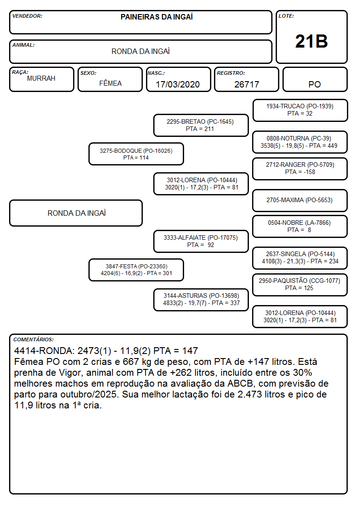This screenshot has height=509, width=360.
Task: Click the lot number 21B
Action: pos(311,42)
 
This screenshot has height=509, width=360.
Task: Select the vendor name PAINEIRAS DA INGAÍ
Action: pos(156,17)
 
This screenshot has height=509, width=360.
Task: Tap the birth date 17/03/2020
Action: pos(178,84)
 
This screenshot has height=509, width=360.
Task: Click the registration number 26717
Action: pos(247,84)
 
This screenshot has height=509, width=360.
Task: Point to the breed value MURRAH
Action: pos(41,78)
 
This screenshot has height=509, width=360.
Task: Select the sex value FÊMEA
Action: pos(110,83)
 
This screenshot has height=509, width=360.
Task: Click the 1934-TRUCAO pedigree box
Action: pos(300,111)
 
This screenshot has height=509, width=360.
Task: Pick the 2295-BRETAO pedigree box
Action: pos(201,125)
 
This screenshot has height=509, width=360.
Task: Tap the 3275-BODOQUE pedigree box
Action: pos(136,154)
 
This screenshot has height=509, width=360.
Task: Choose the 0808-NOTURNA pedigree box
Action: pos(300,142)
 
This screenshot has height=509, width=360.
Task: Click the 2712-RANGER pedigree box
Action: pos(300,169)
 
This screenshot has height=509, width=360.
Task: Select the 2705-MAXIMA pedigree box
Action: pos(300,200)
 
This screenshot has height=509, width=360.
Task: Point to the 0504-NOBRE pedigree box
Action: pos(300,227)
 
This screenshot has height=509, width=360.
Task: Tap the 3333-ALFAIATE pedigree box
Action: pos(201,242)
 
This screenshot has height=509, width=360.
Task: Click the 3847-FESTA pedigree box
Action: pos(136,270)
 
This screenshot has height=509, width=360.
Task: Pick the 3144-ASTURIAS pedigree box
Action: pos(201,300)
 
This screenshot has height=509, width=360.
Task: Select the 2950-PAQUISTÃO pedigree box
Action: pos(300,285)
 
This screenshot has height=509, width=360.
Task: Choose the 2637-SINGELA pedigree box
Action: pos(300,258)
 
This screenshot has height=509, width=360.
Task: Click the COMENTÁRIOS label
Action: pos(34,339)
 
